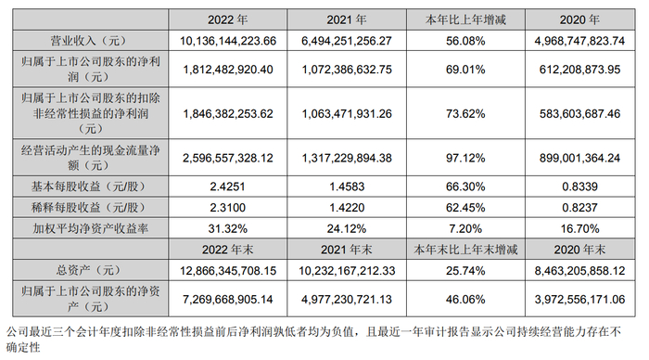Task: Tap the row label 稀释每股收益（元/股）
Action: [83, 206]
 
